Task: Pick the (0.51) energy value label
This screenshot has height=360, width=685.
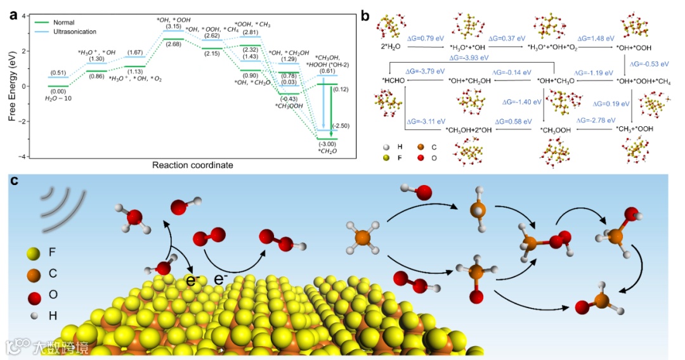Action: click(58, 72)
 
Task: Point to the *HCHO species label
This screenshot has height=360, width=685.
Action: click(394, 80)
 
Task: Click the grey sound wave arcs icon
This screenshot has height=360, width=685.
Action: click(62, 203)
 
